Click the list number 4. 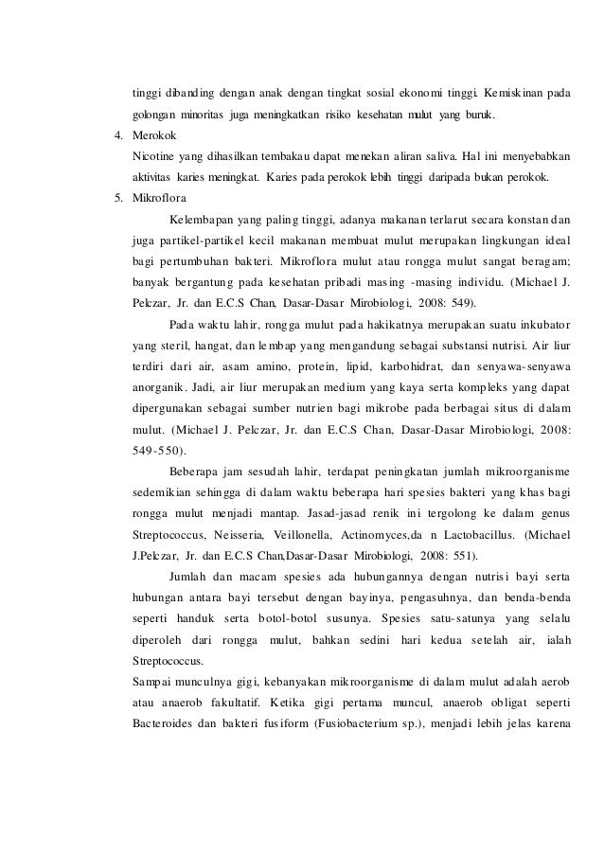pos(117,137)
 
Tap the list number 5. pos(117,199)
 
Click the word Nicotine pos(157,157)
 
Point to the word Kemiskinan pos(513,96)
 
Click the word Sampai pos(153,677)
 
